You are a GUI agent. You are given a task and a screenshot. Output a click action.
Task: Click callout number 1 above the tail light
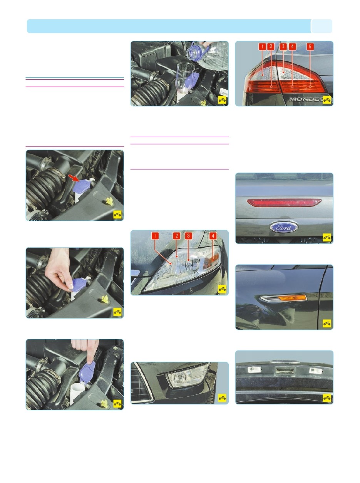pyautogui.click(x=262, y=47)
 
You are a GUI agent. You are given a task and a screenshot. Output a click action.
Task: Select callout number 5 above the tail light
pyautogui.click(x=310, y=47)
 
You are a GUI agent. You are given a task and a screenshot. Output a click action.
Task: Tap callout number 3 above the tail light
pyautogui.click(x=283, y=46)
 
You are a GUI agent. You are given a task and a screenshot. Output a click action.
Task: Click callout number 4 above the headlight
pyautogui.click(x=213, y=236)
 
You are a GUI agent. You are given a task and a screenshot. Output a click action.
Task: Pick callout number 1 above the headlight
pyautogui.click(x=155, y=236)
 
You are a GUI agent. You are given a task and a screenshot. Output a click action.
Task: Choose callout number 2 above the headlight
pyautogui.click(x=176, y=236)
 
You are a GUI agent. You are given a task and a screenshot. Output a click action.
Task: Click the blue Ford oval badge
pyautogui.click(x=284, y=227)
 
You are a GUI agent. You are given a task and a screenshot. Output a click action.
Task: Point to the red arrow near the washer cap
pyautogui.click(x=74, y=178)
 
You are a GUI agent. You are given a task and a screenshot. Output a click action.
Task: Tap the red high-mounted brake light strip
pyautogui.click(x=284, y=203)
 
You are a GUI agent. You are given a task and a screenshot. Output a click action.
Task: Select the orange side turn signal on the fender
pyautogui.click(x=292, y=298)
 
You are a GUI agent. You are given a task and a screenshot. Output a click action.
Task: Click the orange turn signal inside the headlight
pyautogui.click(x=211, y=260)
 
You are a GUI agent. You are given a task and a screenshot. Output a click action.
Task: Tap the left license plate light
pyautogui.click(x=255, y=370)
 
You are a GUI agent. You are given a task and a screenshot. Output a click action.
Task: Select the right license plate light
pyautogui.click(x=316, y=371)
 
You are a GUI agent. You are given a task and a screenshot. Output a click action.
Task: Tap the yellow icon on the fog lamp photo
pyautogui.click(x=222, y=397)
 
